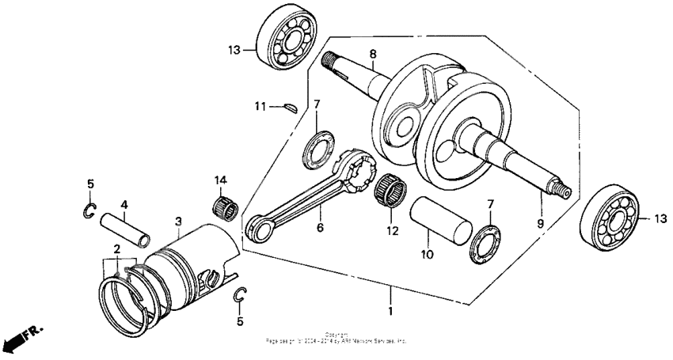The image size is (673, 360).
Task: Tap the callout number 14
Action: pyautogui.click(x=219, y=180)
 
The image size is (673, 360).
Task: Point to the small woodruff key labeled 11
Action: pyautogui.click(x=289, y=104)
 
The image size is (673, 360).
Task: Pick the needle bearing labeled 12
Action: pyautogui.click(x=390, y=191)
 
